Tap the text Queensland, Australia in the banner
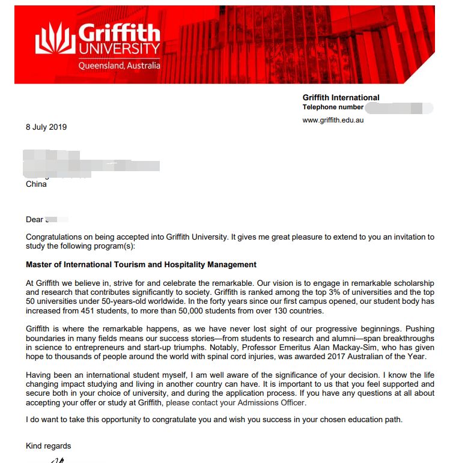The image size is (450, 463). point(119,65)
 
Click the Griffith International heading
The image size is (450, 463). point(341,97)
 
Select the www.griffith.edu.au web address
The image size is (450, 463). point(333,120)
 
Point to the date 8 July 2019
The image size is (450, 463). point(46,127)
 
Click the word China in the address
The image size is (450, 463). point(36,184)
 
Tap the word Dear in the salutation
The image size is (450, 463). point(34,220)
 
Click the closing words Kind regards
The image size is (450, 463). point(48,446)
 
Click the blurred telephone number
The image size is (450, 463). point(399,107)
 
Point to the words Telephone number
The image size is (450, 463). point(333,107)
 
